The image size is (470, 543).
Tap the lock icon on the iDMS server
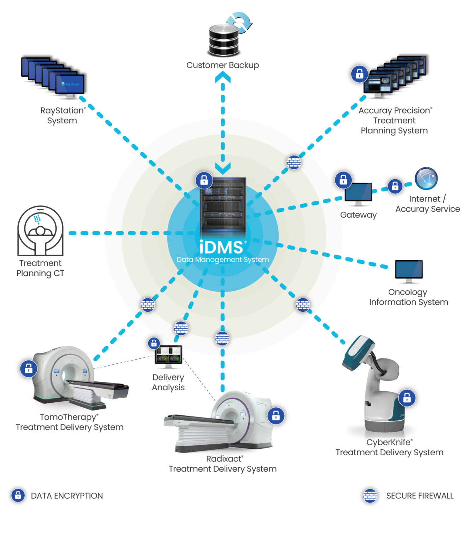[204, 180]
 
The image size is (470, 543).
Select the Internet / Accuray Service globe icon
[426, 179]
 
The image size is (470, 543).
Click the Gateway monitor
[358, 193]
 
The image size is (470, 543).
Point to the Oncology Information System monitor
[409, 270]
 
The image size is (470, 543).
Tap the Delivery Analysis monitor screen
[169, 355]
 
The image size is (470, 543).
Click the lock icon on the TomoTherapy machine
[29, 368]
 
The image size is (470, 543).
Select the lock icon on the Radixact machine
[276, 415]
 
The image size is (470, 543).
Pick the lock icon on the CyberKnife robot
[407, 398]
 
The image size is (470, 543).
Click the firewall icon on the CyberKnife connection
[303, 305]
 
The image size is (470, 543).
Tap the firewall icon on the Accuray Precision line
[294, 162]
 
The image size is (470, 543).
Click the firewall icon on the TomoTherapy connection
[148, 305]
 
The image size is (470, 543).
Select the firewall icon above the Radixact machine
[222, 339]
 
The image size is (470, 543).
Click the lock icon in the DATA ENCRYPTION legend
[18, 495]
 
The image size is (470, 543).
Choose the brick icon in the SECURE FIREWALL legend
[370, 496]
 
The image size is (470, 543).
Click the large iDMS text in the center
[221, 247]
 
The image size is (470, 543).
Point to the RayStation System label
[63, 115]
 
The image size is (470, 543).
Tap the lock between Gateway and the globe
[395, 186]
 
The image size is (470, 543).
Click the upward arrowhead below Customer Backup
[223, 77]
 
